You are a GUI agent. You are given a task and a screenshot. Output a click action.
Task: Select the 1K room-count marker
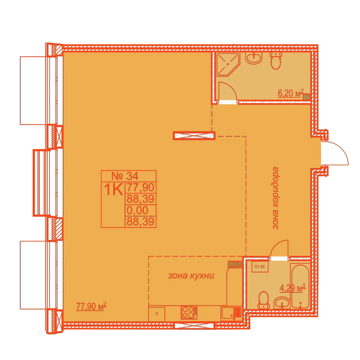[113, 189]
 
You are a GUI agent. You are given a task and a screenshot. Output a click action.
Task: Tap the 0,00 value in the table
[137, 210]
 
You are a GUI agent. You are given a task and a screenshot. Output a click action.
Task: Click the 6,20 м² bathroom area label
[291, 93]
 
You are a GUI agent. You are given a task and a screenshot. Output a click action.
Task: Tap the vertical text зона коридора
[275, 198]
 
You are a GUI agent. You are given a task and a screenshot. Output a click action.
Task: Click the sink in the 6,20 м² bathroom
[254, 58]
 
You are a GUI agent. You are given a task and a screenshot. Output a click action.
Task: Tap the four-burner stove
[189, 313]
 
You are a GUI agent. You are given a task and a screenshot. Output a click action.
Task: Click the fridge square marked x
[157, 314]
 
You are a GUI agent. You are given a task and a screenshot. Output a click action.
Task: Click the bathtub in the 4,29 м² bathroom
[300, 287]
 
